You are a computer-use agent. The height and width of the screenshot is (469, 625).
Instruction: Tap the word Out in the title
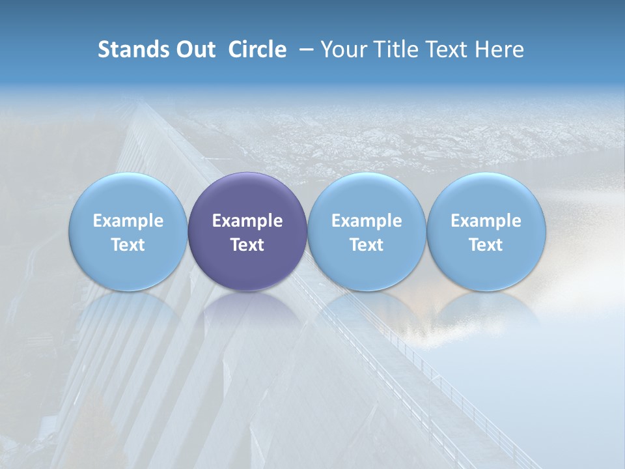(x=194, y=50)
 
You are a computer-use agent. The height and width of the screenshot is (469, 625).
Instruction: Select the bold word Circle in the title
(x=257, y=50)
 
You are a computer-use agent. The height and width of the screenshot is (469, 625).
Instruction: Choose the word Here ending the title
(x=500, y=50)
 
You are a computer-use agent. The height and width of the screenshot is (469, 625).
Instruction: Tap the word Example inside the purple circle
(x=247, y=221)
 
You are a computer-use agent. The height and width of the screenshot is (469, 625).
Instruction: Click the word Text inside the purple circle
(x=247, y=245)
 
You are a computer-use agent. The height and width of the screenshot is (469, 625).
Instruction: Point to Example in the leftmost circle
(x=128, y=221)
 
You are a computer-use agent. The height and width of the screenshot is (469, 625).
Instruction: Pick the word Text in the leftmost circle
(x=128, y=245)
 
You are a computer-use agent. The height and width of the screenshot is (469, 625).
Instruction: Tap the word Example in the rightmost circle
(x=486, y=221)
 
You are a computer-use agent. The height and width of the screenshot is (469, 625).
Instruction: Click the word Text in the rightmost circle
(x=486, y=245)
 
